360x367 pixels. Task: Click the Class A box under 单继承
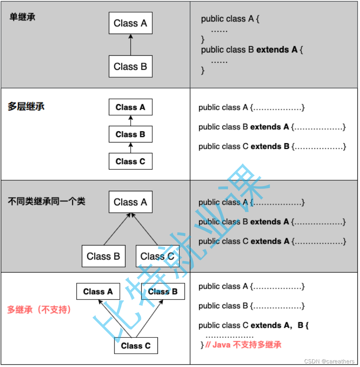tap(130, 23)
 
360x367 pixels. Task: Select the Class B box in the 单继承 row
tap(130, 66)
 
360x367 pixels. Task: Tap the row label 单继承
tap(22, 17)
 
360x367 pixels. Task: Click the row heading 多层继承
tap(26, 107)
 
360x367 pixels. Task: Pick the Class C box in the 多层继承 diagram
tap(130, 161)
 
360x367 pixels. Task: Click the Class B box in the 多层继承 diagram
tap(130, 134)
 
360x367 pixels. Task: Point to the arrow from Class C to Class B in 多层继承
tap(130, 148)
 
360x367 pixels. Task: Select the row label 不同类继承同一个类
tap(46, 201)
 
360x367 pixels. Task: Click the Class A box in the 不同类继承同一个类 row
tap(130, 202)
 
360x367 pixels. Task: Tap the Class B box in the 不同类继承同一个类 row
tap(103, 256)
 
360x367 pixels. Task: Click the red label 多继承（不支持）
tap(39, 309)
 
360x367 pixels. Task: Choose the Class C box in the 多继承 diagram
tap(136, 346)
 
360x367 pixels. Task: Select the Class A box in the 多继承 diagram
tap(98, 292)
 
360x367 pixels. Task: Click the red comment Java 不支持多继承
tap(243, 345)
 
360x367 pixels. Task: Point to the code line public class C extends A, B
tap(253, 325)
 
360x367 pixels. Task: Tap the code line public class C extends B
tap(272, 146)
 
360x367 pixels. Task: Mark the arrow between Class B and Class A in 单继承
tap(130, 44)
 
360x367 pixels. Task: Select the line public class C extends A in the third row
tap(272, 241)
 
